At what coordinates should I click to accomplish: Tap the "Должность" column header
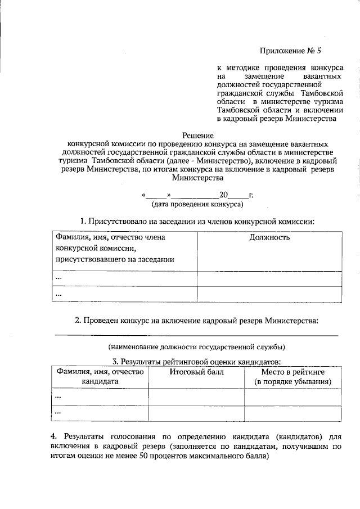[x=269, y=237]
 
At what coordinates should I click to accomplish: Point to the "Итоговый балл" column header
[x=196, y=372]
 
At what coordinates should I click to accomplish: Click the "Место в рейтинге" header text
[x=292, y=372]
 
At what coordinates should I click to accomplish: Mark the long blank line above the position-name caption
[x=196, y=335]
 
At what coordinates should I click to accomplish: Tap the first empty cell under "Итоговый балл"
[x=196, y=397]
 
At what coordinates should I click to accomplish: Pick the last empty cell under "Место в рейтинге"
[x=292, y=413]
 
